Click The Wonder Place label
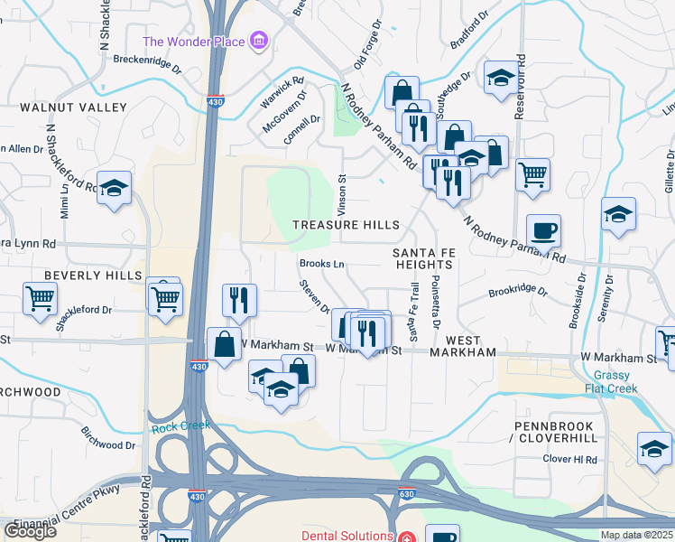195,42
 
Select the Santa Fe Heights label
423,257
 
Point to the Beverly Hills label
94,275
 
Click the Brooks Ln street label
322,264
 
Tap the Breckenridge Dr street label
147,63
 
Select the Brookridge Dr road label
518,292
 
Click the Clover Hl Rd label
570,459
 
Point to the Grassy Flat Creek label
616,382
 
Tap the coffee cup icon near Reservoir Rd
543,231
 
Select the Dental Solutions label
342,536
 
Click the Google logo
30,531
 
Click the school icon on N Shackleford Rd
115,189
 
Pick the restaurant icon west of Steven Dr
239,300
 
